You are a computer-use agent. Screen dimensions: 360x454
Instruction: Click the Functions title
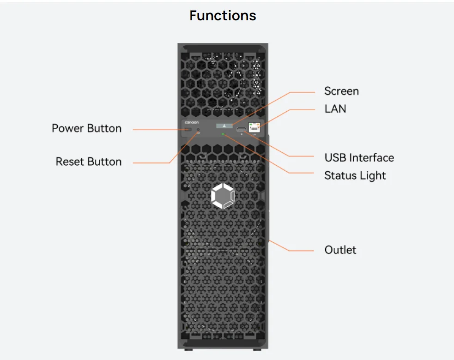[223, 16]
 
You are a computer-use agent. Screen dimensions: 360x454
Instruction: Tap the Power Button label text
[86, 128]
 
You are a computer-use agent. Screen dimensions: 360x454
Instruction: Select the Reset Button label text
[89, 162]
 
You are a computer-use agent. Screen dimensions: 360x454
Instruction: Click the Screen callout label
[341, 91]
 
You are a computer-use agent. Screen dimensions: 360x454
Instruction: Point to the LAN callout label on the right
[335, 109]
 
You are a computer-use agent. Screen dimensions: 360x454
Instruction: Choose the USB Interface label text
[359, 157]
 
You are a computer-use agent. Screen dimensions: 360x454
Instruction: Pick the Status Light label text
[355, 175]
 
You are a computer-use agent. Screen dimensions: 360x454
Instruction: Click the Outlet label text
[340, 250]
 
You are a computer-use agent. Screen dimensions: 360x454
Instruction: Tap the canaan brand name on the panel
[191, 123]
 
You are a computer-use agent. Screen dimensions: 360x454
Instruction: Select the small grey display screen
[224, 126]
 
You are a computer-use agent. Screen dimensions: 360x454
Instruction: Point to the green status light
[224, 134]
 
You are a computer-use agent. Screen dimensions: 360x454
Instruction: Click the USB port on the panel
[242, 129]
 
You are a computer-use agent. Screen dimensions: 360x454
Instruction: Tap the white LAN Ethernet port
[254, 127]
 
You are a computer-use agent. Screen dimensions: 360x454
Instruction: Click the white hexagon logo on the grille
[223, 197]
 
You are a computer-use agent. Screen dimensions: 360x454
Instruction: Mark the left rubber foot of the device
[187, 350]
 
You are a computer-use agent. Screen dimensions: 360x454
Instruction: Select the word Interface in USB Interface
[371, 157]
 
